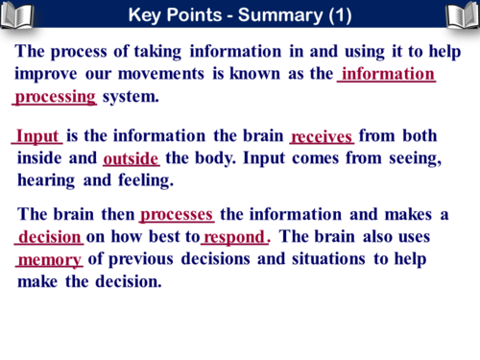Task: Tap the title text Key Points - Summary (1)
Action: coord(240,15)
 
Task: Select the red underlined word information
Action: coord(388,74)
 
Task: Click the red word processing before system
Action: coord(56,96)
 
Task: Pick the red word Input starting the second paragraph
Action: coord(37,136)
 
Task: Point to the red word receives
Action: coord(322,136)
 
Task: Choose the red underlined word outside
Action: coord(131,157)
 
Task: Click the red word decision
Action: coord(50,237)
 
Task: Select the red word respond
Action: coord(233,237)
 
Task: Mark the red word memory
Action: coord(50,259)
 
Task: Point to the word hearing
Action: coord(48,180)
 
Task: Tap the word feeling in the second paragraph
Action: coord(145,180)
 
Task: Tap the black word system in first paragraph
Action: coord(131,96)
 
